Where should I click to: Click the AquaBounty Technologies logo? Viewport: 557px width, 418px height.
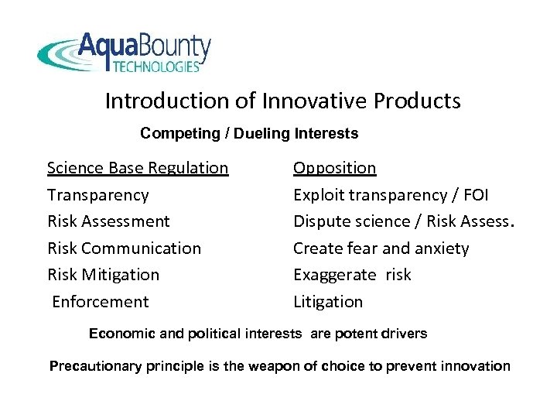(x=124, y=53)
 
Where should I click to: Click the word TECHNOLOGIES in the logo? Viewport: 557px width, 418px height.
(x=156, y=67)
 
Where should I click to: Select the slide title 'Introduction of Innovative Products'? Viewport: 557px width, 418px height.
(x=282, y=101)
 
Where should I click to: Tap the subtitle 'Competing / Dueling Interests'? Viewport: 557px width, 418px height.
(x=249, y=134)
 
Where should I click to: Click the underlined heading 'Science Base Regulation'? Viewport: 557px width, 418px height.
(x=138, y=168)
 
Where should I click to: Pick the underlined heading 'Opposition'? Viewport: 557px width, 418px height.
(x=334, y=168)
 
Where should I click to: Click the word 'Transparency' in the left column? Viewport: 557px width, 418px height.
(x=97, y=194)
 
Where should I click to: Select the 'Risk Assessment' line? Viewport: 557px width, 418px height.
(x=108, y=221)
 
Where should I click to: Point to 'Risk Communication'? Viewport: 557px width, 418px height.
(x=124, y=248)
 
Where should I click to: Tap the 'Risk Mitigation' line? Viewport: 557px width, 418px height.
(x=103, y=275)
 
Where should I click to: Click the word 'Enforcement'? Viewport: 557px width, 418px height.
(x=100, y=301)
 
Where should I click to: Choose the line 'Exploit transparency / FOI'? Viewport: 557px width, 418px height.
(x=390, y=194)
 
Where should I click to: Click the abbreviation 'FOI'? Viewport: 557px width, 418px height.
(x=474, y=194)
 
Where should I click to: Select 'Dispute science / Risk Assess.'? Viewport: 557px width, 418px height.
(x=403, y=221)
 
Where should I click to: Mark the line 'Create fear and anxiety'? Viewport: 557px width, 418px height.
(x=381, y=248)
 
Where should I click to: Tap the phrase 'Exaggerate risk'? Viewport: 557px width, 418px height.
(x=352, y=275)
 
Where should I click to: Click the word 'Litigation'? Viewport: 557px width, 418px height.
(x=328, y=301)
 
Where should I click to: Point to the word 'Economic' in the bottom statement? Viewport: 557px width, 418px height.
(x=118, y=334)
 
